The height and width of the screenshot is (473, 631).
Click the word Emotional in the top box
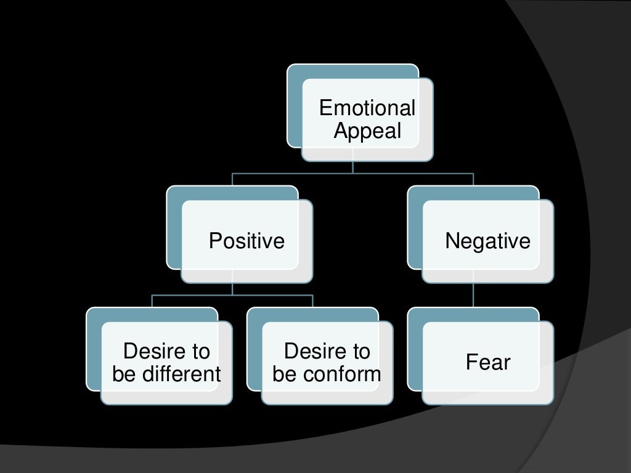(x=367, y=108)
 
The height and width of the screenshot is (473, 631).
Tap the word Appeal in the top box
(x=367, y=131)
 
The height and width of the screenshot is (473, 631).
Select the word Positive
(x=246, y=240)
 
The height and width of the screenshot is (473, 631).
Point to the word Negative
(x=487, y=240)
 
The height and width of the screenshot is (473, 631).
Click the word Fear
(x=487, y=362)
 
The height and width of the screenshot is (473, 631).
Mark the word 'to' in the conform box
(x=360, y=351)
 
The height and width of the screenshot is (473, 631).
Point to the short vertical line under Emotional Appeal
(x=352, y=167)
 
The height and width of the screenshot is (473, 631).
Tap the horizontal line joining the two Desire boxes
(x=232, y=295)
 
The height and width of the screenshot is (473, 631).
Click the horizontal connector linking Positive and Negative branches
(x=352, y=174)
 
